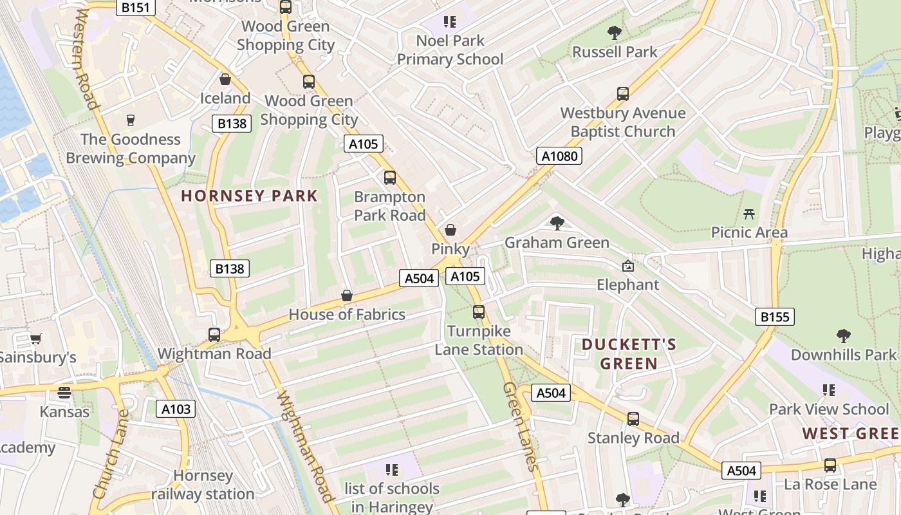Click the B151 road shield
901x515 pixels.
click(x=135, y=7)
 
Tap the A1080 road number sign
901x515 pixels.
click(x=559, y=155)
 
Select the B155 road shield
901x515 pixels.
click(x=774, y=316)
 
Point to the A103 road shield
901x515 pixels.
click(x=176, y=408)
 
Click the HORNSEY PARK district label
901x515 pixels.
click(x=250, y=196)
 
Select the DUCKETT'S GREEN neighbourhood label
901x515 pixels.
click(x=629, y=353)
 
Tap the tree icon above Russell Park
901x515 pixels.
click(x=615, y=32)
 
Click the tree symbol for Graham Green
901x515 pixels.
click(x=557, y=223)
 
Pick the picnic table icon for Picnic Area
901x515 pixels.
click(x=748, y=214)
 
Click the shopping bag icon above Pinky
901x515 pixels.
click(x=450, y=230)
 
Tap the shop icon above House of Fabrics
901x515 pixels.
click(x=347, y=295)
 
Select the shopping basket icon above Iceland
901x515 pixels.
click(x=225, y=79)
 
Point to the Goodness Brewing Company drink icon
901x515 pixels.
click(x=131, y=120)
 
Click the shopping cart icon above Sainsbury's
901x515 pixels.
click(x=36, y=339)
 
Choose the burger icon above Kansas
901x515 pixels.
click(x=64, y=392)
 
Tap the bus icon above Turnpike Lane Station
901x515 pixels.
click(x=478, y=312)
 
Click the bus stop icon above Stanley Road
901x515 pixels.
click(x=633, y=419)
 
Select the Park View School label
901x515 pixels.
click(x=828, y=409)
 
